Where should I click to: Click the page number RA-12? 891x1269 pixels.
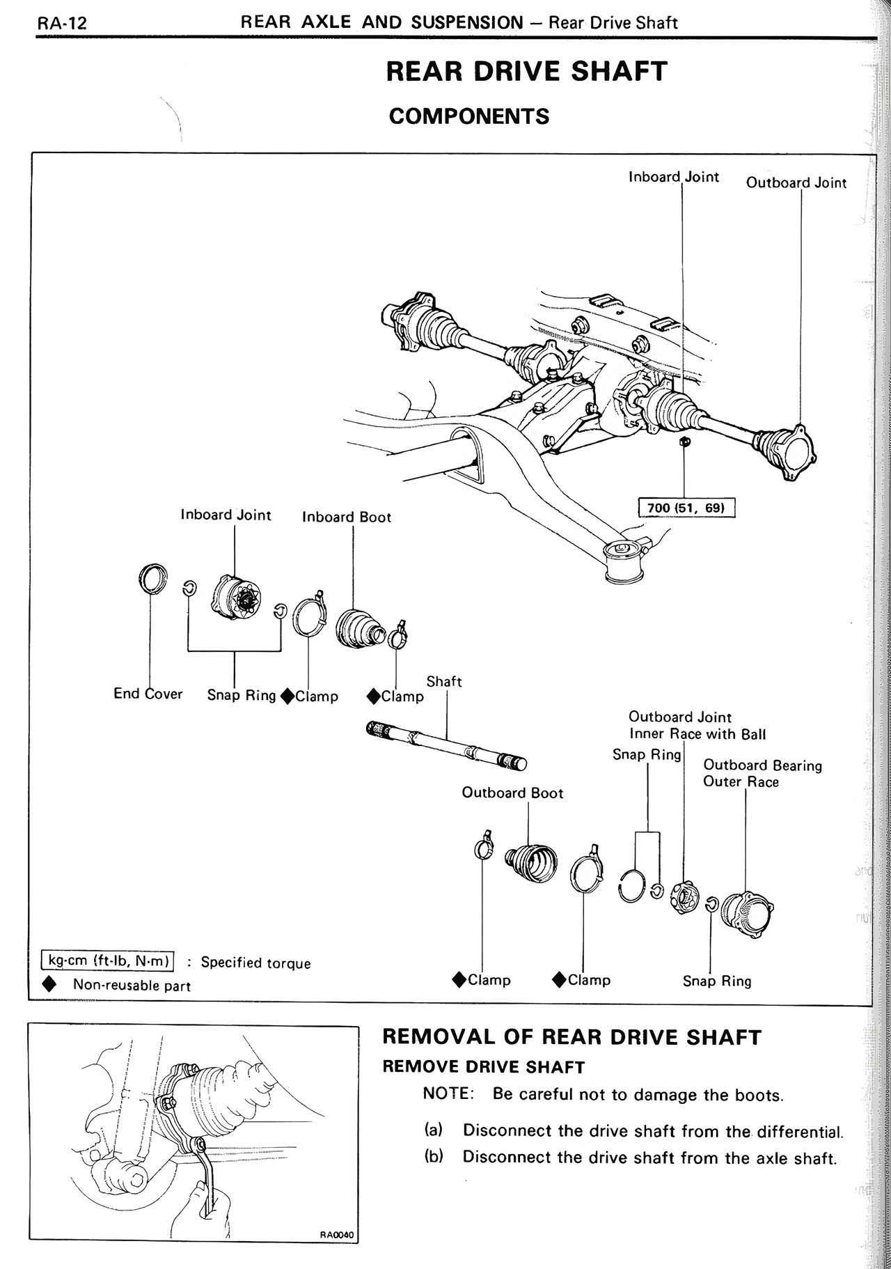pyautogui.click(x=62, y=23)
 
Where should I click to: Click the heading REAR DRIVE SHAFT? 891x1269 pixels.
pyautogui.click(x=526, y=72)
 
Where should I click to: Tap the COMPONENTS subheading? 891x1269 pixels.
pyautogui.click(x=468, y=116)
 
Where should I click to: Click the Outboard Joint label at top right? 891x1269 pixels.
pyautogui.click(x=796, y=183)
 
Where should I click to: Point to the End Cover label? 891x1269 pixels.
pyautogui.click(x=148, y=694)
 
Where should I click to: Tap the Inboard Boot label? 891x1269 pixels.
pyautogui.click(x=346, y=517)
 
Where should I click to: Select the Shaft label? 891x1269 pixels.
pyautogui.click(x=444, y=681)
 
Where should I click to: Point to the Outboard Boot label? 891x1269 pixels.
pyautogui.click(x=512, y=793)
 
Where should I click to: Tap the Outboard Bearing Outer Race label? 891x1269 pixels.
pyautogui.click(x=762, y=774)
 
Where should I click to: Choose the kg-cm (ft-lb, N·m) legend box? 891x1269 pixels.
pyautogui.click(x=108, y=961)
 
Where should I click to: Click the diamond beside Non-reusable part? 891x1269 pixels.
pyautogui.click(x=49, y=985)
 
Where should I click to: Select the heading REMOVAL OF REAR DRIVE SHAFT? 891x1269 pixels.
pyautogui.click(x=571, y=1037)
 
